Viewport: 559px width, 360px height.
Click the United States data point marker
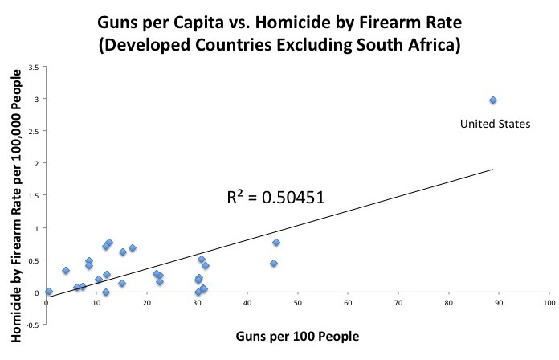pos(493,100)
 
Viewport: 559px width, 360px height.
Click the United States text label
pos(495,124)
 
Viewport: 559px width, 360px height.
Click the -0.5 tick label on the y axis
pos(33,325)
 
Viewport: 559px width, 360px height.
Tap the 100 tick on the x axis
pos(549,304)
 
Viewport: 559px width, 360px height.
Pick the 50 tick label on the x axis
pos(298,304)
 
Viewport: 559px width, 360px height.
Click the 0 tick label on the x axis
pos(47,304)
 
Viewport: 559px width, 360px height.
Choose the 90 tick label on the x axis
pos(499,304)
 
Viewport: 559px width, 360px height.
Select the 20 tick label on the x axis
pos(147,304)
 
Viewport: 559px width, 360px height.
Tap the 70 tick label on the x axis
pos(398,304)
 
